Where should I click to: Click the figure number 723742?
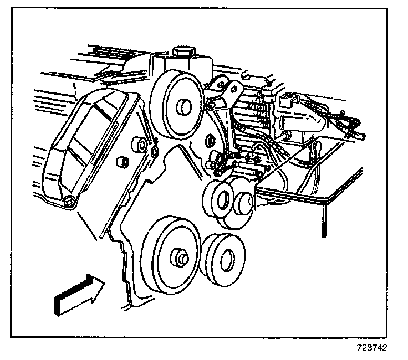372,347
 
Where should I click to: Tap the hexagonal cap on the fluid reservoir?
183,52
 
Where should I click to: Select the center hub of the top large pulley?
184,106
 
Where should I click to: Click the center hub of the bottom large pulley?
180,258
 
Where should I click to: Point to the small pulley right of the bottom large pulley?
222,260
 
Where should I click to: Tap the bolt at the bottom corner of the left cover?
69,200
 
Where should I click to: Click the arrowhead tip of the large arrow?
104,282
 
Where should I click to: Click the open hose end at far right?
363,136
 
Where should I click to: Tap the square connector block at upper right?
288,101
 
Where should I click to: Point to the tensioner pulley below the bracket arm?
218,199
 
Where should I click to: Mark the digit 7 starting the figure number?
359,347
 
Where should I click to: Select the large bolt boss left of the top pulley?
139,145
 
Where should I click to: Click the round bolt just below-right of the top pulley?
210,140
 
